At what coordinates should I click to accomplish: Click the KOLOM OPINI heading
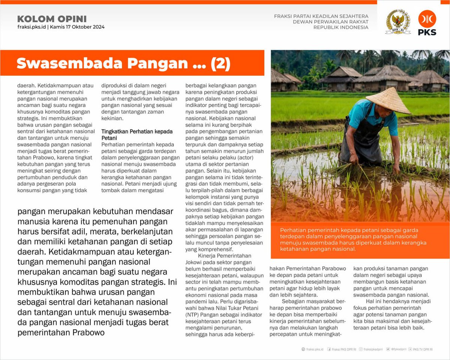click(52, 19)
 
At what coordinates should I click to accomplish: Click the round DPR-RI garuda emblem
click(398, 22)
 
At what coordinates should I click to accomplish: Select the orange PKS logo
click(427, 23)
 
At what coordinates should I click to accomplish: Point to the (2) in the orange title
click(220, 63)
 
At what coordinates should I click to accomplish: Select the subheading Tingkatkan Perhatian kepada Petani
click(137, 135)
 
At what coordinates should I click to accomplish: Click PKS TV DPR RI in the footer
click(423, 349)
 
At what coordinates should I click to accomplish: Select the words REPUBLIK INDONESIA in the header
click(340, 27)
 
